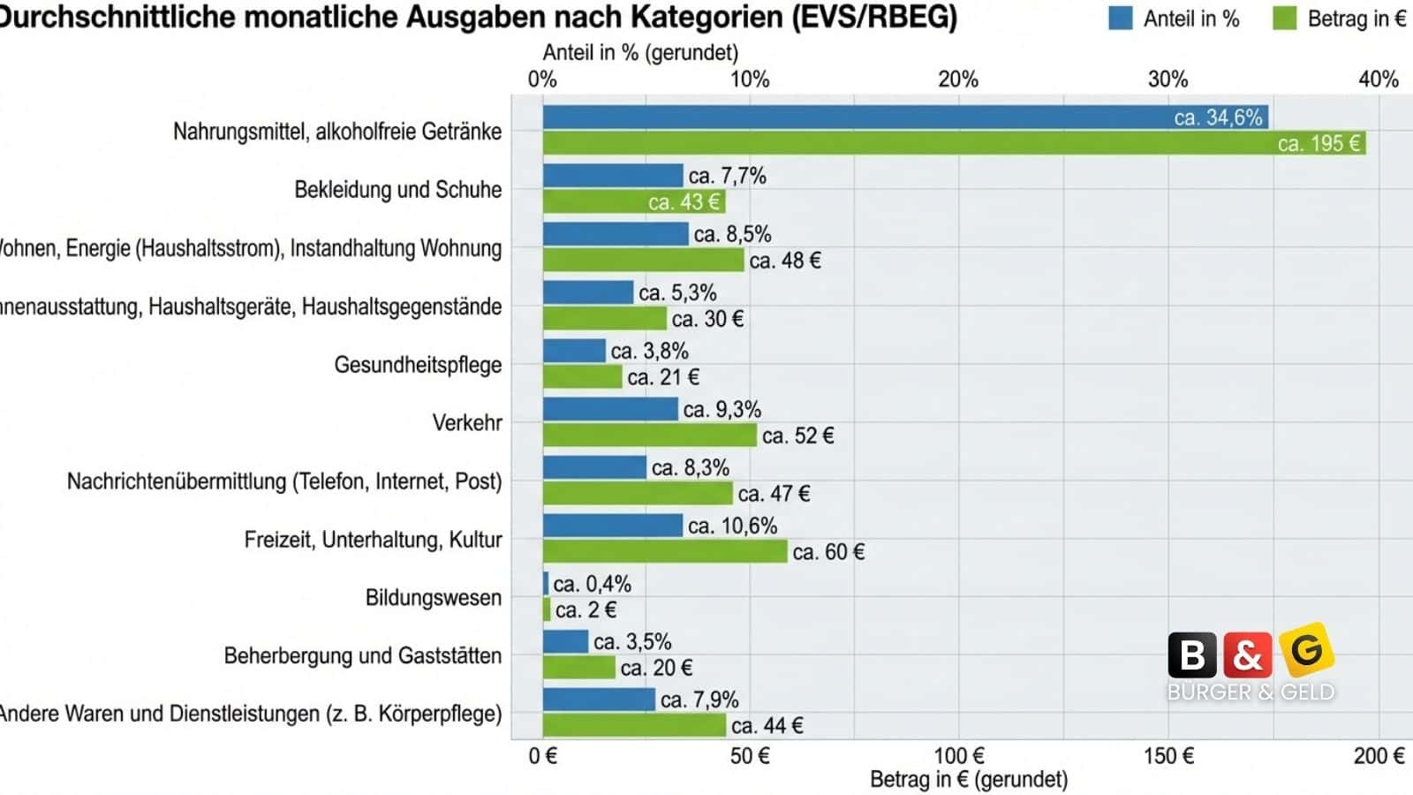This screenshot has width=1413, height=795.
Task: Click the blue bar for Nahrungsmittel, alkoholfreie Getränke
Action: (x=905, y=117)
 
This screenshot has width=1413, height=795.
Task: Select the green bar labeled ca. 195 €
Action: (x=954, y=143)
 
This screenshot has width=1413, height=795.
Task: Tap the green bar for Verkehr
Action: (x=649, y=435)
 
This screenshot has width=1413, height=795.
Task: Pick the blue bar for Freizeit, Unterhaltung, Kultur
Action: (x=612, y=526)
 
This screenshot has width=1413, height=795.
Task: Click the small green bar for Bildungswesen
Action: (x=547, y=609)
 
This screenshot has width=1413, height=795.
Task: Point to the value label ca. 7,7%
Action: (x=727, y=176)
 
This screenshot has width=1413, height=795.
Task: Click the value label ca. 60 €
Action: (x=828, y=552)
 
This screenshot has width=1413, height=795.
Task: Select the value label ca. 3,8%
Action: (x=649, y=351)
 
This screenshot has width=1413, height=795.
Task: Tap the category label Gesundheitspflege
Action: (x=417, y=365)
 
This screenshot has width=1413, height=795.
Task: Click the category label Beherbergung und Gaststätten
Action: (x=362, y=655)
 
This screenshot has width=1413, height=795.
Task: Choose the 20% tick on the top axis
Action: (x=958, y=79)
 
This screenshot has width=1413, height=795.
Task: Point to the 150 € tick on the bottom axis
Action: (x=1168, y=756)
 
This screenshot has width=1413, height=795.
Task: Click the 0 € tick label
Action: (x=543, y=756)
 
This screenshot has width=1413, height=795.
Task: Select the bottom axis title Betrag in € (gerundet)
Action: (x=969, y=780)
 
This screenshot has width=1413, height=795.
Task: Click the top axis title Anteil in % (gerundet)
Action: (x=640, y=53)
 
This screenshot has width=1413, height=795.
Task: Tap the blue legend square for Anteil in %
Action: (x=1120, y=19)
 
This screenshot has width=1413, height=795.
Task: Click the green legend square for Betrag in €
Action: (x=1284, y=19)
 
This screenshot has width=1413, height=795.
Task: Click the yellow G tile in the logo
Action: (x=1306, y=650)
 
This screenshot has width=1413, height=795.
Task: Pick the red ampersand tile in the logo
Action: (x=1247, y=655)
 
